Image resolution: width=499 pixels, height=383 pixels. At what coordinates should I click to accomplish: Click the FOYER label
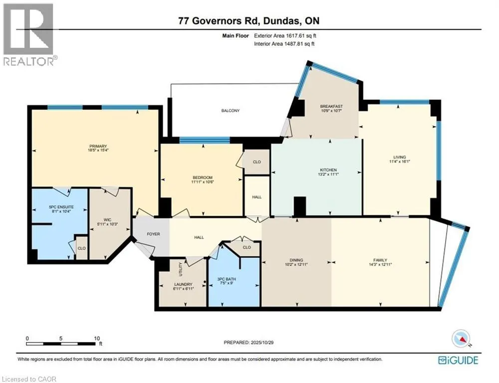(153, 233)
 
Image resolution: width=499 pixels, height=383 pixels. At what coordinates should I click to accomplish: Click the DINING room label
(296, 260)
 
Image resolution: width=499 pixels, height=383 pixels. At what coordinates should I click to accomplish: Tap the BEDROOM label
(202, 178)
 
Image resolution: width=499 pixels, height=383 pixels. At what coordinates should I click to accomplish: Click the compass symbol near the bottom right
(461, 339)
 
